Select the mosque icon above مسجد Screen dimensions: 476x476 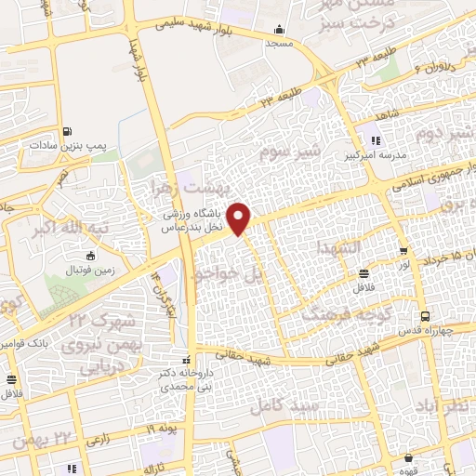(280, 31)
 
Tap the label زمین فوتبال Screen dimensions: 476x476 (90, 270)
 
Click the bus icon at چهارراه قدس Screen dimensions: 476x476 (424, 316)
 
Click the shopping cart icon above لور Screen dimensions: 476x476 (403, 251)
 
